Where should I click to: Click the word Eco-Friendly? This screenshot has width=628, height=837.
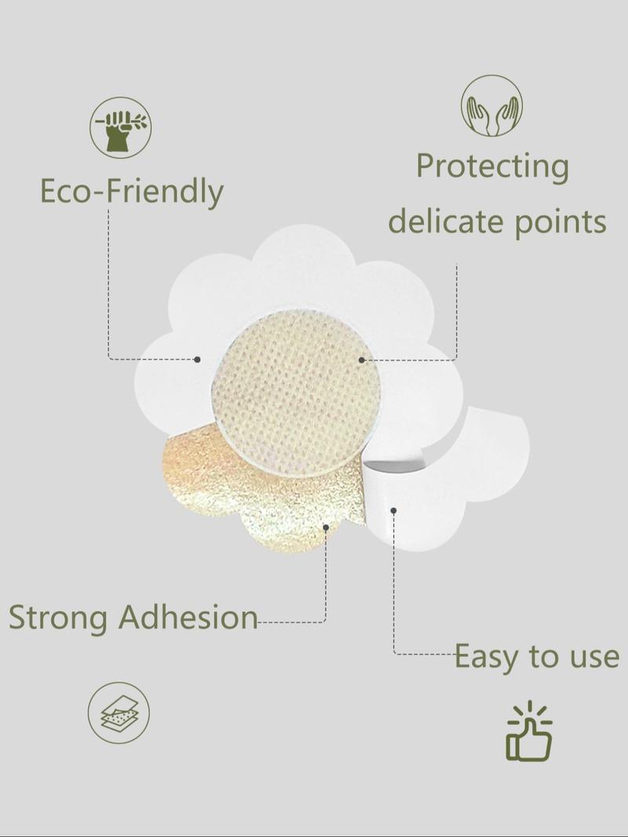point(132,191)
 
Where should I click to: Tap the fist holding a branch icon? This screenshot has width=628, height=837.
point(120,127)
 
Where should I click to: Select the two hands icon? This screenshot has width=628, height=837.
point(492,106)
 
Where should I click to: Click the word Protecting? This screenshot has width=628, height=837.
point(492,166)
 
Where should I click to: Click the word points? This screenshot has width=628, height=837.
point(560,222)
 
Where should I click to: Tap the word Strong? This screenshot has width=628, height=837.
point(58,618)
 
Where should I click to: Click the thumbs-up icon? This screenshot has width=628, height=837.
point(529,731)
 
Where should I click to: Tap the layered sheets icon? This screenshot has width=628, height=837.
point(119,713)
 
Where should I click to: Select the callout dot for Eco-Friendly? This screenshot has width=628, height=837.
point(197,360)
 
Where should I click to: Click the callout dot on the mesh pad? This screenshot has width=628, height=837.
point(362,360)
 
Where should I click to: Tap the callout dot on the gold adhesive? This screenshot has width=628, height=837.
point(326,528)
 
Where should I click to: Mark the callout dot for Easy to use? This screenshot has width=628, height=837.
point(393,511)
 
